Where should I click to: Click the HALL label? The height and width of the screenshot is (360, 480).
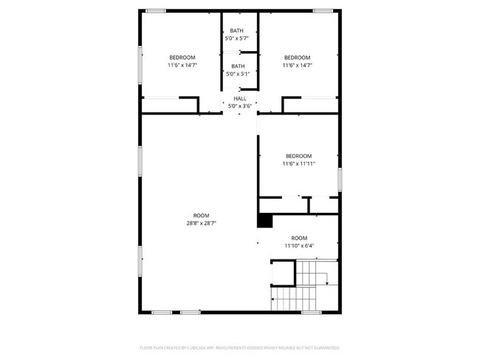click(x=240, y=98)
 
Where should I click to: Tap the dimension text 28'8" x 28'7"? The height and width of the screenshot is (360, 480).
click(x=201, y=223)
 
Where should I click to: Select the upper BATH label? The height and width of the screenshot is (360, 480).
click(x=236, y=30)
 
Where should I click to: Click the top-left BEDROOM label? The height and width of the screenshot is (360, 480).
click(x=182, y=58)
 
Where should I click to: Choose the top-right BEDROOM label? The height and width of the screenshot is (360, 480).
click(x=298, y=58)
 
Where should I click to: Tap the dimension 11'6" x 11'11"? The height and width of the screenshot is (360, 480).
click(x=298, y=163)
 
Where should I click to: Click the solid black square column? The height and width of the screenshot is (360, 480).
click(x=264, y=220)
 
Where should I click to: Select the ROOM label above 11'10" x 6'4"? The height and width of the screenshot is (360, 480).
click(x=298, y=238)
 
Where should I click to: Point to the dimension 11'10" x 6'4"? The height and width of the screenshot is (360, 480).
click(x=298, y=245)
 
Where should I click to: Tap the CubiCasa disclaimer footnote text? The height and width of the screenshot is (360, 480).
click(x=240, y=347)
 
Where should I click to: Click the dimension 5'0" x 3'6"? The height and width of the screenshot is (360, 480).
click(x=240, y=106)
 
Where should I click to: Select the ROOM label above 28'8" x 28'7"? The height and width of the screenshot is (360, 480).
click(x=201, y=215)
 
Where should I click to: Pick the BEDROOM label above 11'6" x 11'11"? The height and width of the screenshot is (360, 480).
click(x=298, y=156)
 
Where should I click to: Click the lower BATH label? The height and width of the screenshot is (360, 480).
click(x=238, y=66)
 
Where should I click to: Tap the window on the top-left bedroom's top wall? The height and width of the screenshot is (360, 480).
click(x=155, y=10)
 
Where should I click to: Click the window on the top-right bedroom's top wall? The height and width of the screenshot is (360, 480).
click(x=322, y=10)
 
